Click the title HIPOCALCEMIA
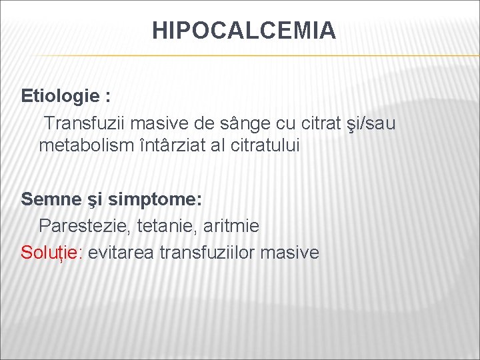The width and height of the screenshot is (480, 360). [244, 31]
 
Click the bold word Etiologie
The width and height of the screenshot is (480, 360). [61, 96]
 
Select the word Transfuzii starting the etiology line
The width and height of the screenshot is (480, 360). [86, 123]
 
